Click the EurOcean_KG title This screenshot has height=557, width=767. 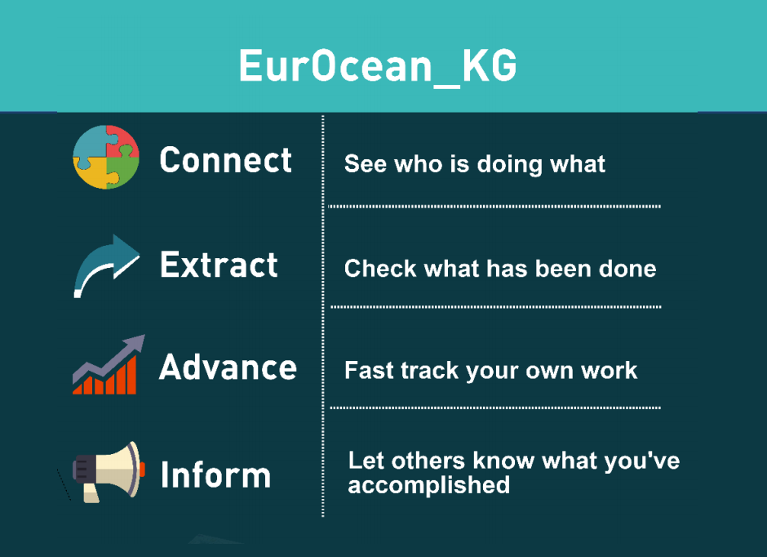(x=378, y=67)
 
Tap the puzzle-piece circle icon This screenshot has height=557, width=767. (x=106, y=157)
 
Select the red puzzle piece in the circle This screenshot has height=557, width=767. (x=122, y=141)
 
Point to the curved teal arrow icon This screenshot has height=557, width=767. (x=107, y=265)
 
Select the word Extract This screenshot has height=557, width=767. (x=219, y=265)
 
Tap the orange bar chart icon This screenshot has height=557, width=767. (x=105, y=377)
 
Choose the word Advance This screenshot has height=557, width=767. (x=228, y=367)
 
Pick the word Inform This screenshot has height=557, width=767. (x=215, y=475)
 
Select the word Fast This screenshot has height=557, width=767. (x=369, y=370)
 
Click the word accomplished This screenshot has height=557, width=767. (x=429, y=486)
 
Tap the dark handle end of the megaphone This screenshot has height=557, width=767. (x=82, y=469)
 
